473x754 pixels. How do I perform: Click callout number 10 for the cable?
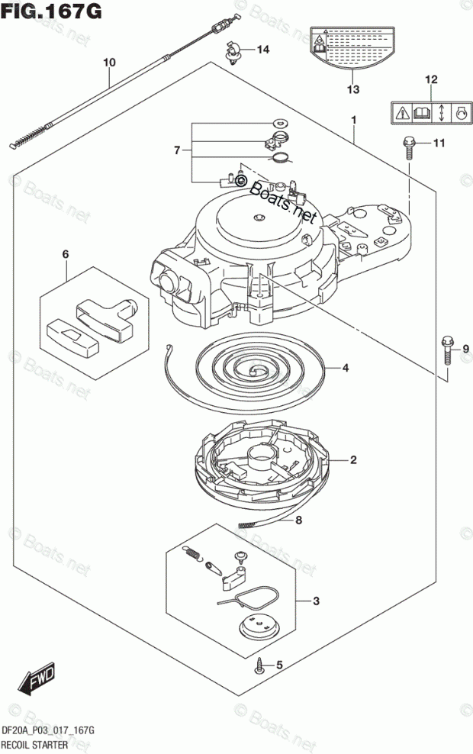(109, 62)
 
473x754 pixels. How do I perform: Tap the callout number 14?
(263, 50)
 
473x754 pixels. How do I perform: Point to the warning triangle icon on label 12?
(401, 114)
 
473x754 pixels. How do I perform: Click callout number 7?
(177, 150)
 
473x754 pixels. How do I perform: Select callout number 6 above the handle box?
(66, 253)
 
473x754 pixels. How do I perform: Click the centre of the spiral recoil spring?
(253, 368)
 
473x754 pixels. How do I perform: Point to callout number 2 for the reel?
(353, 459)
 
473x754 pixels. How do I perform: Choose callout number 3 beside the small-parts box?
(317, 601)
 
